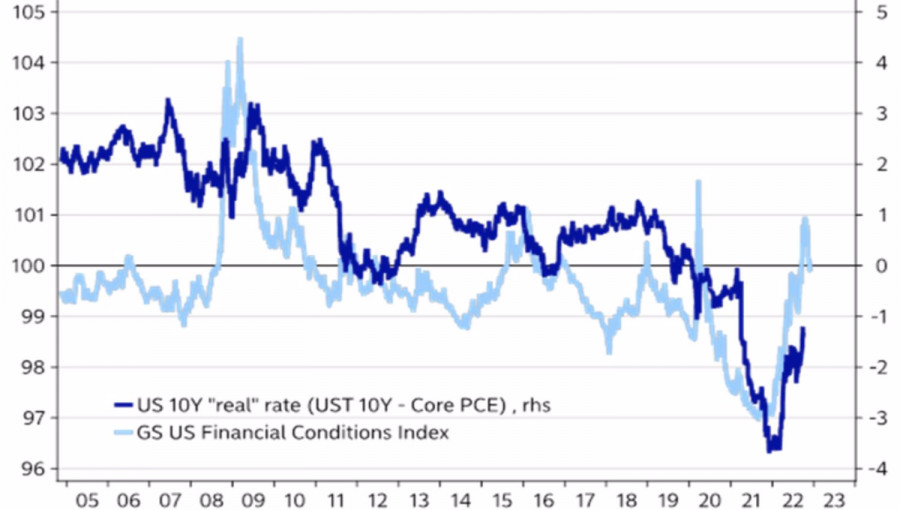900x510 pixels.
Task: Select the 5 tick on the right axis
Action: (881, 12)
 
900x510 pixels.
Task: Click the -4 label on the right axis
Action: (877, 469)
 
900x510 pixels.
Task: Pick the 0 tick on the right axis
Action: (881, 266)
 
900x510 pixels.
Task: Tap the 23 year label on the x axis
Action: (837, 497)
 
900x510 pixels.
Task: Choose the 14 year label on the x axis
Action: (459, 497)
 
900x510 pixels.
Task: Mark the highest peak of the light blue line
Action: (240, 39)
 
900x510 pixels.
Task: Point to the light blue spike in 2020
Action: (699, 183)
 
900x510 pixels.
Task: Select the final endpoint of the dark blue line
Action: (803, 329)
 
